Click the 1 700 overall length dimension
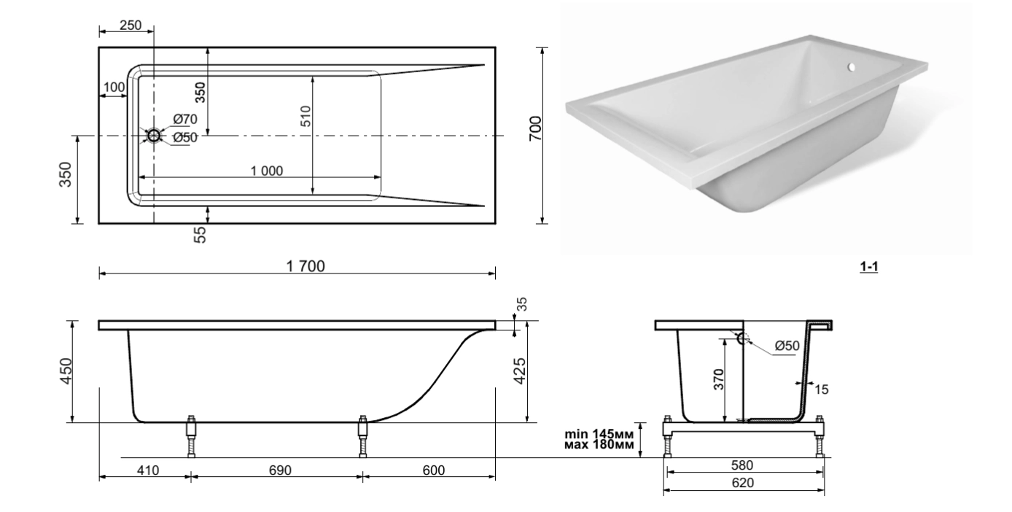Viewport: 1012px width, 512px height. (x=305, y=266)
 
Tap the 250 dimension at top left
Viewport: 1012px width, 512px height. (x=131, y=26)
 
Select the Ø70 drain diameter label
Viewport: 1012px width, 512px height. (x=185, y=120)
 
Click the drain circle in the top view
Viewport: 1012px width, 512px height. (x=154, y=136)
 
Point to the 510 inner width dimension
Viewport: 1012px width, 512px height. (x=305, y=116)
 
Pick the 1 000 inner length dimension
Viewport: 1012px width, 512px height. (x=267, y=171)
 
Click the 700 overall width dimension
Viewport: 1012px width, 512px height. (x=535, y=128)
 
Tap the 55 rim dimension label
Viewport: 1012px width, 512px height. (x=200, y=235)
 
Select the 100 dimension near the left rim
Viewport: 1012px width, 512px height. (x=114, y=88)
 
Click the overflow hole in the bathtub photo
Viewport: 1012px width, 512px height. (x=851, y=67)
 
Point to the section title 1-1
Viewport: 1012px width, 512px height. (x=869, y=267)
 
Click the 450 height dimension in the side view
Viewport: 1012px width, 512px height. (x=66, y=371)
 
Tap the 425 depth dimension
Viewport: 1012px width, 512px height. (x=520, y=371)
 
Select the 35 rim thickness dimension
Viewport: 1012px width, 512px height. (x=522, y=304)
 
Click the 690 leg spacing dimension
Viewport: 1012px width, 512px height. (x=280, y=470)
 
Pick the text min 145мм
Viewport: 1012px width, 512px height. (x=599, y=434)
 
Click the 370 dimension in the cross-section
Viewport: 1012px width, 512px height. (x=719, y=379)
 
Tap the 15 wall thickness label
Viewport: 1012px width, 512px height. (x=822, y=389)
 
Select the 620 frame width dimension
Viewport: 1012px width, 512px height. (x=743, y=483)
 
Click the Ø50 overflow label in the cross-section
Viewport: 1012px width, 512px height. (x=787, y=346)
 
